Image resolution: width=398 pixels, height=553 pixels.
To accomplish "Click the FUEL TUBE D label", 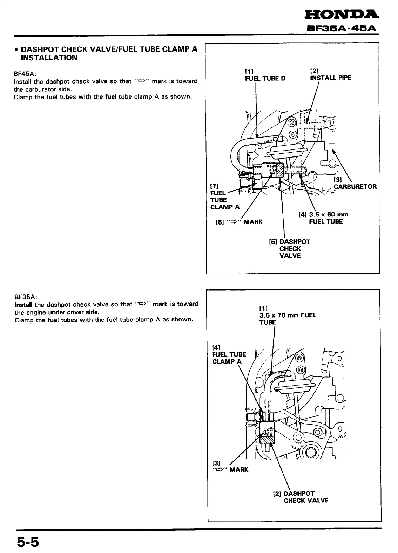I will click(x=265, y=78).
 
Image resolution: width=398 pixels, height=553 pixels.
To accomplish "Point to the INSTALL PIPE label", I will click(x=330, y=78).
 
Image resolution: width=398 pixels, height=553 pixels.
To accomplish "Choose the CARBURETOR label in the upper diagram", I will click(x=355, y=186).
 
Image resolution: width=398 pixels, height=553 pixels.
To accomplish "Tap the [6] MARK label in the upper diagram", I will click(x=239, y=222).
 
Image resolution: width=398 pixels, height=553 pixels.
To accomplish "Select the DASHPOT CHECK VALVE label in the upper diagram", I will click(x=290, y=248).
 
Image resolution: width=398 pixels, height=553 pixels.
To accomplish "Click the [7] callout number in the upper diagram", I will click(x=214, y=186).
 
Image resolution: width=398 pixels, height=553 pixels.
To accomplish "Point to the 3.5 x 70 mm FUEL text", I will click(x=288, y=315).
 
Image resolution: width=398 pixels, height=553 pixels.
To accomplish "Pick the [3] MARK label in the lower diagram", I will click(x=230, y=469).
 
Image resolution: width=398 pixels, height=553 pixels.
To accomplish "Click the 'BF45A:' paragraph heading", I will click(x=25, y=74).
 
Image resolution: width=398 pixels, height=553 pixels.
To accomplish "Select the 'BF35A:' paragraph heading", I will click(x=25, y=297).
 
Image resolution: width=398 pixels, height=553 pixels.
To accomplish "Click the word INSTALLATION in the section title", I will click(x=49, y=58).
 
